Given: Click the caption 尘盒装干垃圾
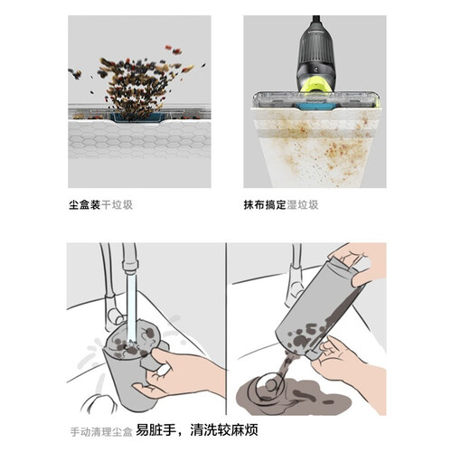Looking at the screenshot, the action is tap(100, 205).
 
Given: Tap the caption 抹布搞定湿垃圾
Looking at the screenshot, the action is tap(281, 205).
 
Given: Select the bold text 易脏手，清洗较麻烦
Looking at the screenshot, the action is tap(197, 430).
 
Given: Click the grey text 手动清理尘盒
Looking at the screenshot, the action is tap(101, 432).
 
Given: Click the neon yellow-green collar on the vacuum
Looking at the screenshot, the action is tap(318, 85).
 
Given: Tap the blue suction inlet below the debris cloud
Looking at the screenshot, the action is tap(137, 117).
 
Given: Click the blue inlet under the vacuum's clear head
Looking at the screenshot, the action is tap(314, 105).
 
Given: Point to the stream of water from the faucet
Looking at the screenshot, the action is tap(131, 307).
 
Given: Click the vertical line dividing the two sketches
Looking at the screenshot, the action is tap(226, 329).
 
